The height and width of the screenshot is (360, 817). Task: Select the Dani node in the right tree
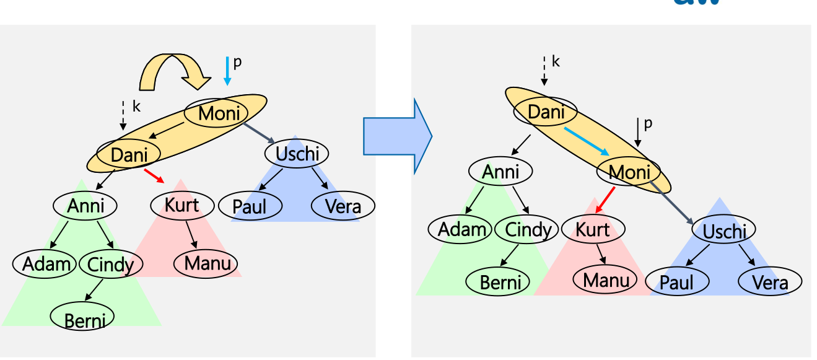pos(545,112)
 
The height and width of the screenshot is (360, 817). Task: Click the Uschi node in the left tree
pos(296,153)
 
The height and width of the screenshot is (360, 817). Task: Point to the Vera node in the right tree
pos(770,283)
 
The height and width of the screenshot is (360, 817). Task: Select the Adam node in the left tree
pos(45,263)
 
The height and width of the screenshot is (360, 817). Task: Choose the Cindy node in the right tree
pos(527,229)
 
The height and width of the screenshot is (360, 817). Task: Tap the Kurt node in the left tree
pos(181,204)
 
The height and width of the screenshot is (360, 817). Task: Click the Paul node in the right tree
pos(677,283)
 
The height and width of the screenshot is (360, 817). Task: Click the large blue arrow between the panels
pos(397,136)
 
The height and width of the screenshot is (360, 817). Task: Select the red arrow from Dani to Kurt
pos(154,175)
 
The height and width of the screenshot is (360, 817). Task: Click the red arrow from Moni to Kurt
pos(605,200)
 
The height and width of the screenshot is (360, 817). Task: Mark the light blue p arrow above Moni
pos(227,71)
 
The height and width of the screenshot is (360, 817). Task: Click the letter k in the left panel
pos(136,107)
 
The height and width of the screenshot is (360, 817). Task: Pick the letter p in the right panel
pos(648,124)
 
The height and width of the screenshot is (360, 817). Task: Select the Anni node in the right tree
pos(500,172)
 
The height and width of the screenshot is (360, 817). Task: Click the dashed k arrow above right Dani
pos(543,70)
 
